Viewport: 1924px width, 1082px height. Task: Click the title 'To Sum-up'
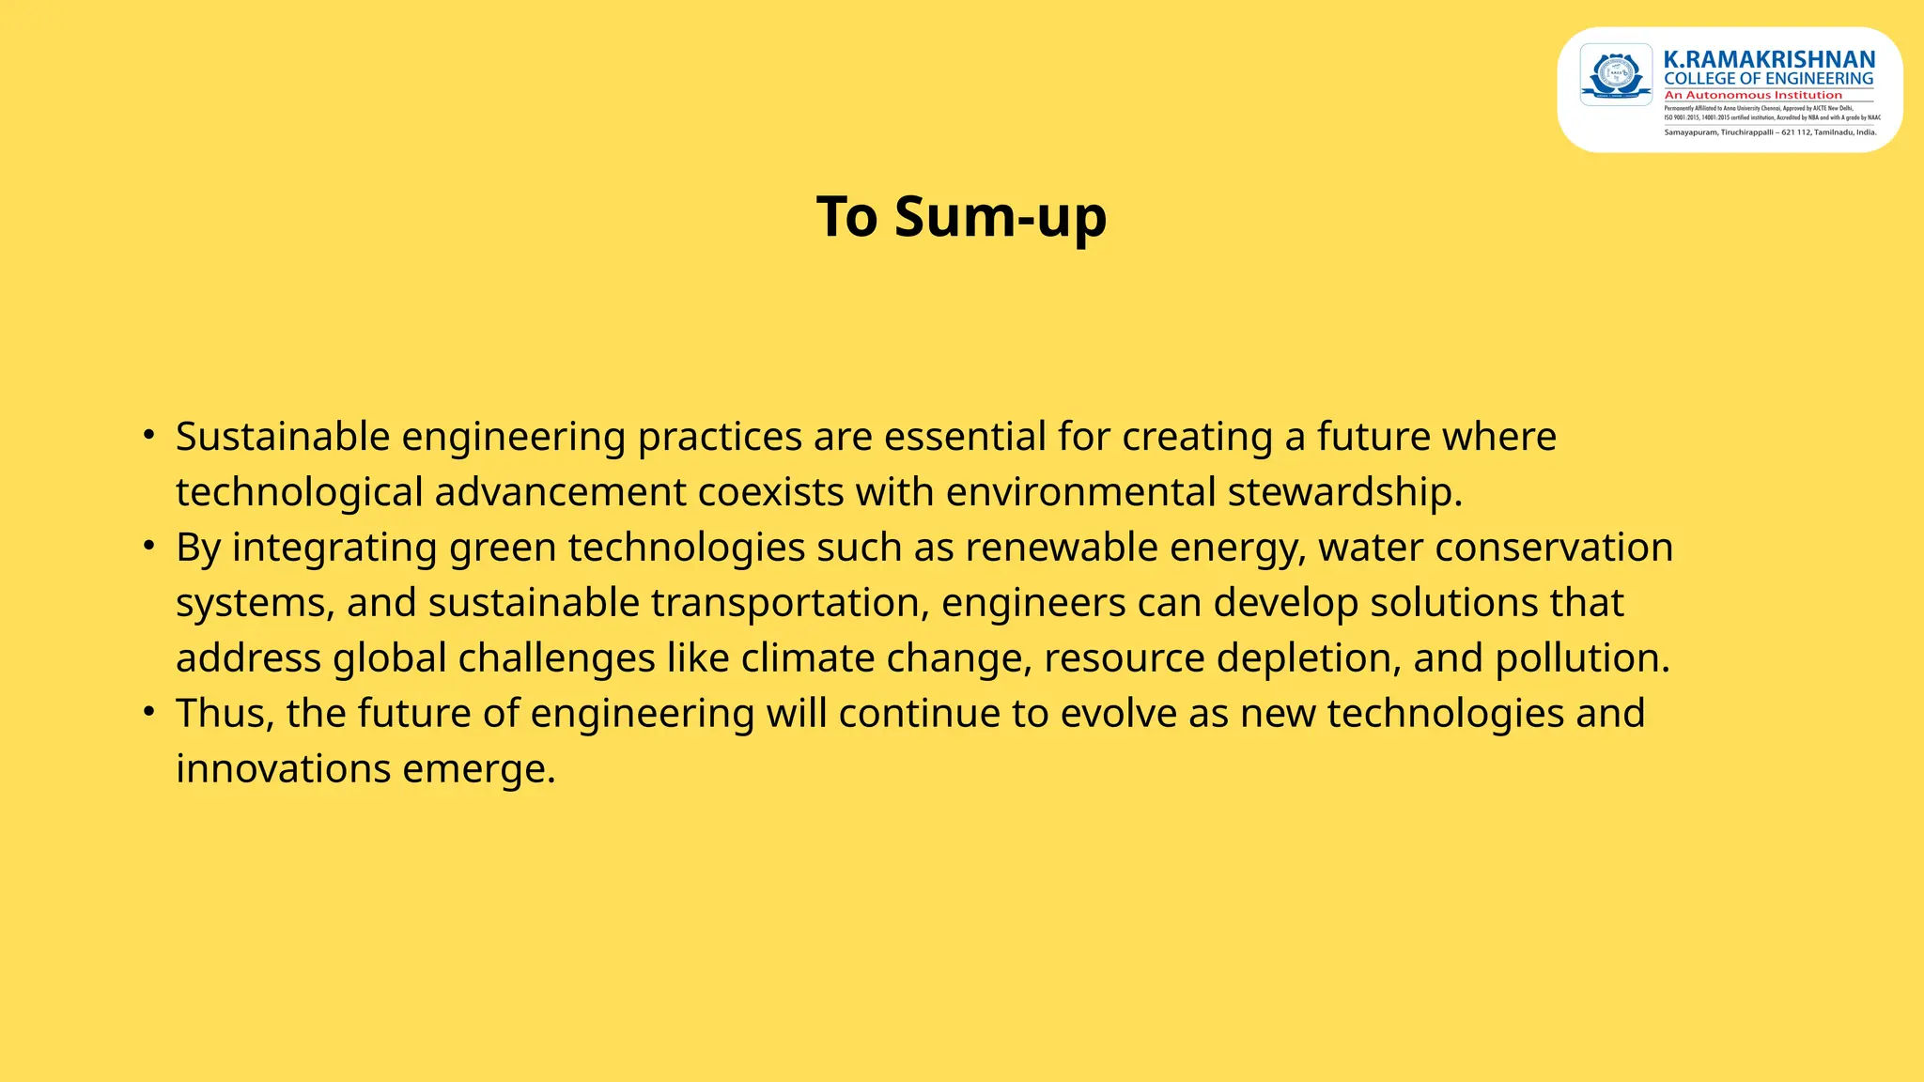(x=961, y=217)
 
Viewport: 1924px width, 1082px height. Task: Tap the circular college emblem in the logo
(x=1616, y=73)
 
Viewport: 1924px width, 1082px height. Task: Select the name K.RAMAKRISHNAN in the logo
(x=1769, y=60)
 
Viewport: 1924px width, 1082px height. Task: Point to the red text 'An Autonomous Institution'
(x=1753, y=95)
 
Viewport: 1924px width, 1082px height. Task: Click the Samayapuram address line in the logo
(x=1770, y=132)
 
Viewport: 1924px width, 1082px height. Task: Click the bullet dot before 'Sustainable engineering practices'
(x=148, y=435)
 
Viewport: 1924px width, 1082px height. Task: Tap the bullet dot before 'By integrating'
(x=148, y=546)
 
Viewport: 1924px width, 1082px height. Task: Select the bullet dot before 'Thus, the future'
(x=148, y=712)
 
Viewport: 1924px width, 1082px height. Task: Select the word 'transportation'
(x=784, y=603)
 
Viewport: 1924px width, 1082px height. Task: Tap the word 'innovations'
(x=283, y=769)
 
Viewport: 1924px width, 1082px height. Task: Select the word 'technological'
(x=299, y=492)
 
